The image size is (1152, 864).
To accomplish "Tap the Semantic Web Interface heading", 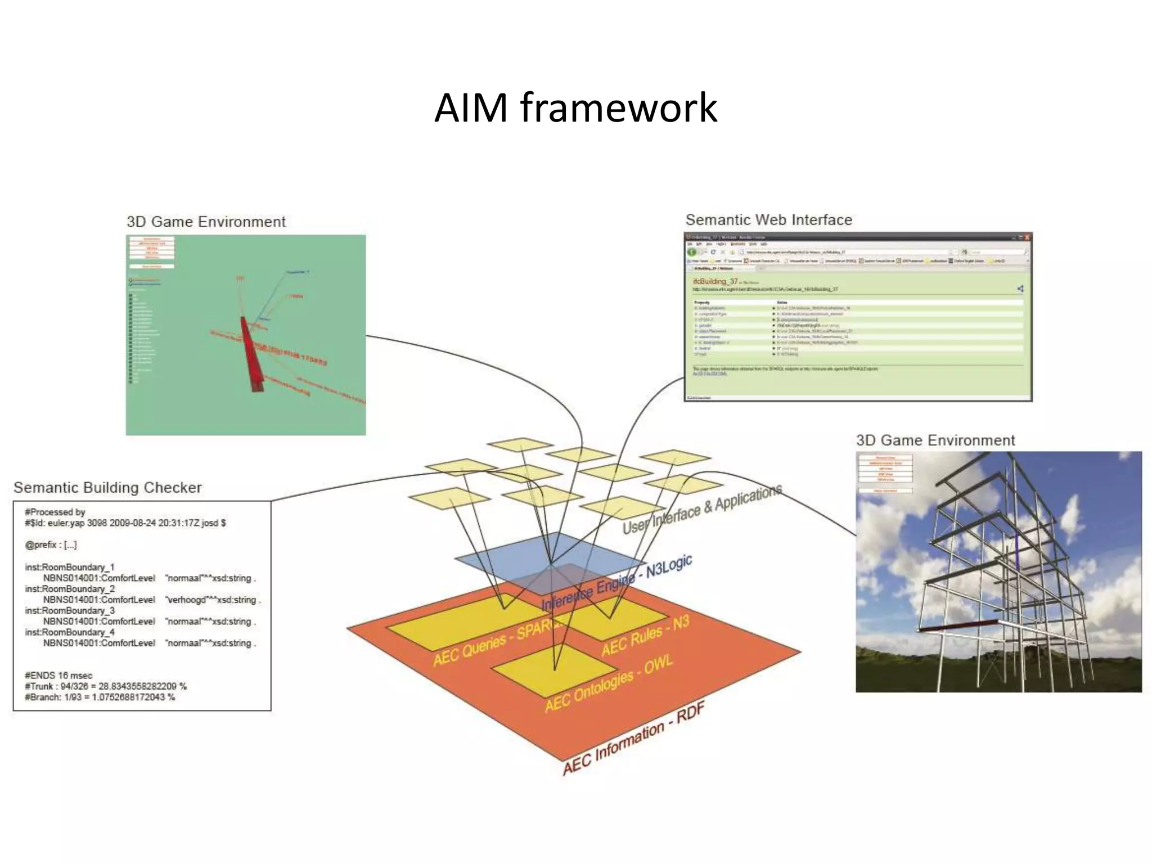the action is coord(768,220).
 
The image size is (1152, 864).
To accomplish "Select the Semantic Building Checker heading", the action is coord(107,488).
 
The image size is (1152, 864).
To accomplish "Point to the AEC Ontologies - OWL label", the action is coord(609,684).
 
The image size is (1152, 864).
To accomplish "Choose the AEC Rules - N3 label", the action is coord(645,636).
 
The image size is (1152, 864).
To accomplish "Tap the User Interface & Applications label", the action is coord(702,510).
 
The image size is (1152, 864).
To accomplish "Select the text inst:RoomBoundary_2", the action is coord(70,589).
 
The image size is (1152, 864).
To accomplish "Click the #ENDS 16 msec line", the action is coord(58,676).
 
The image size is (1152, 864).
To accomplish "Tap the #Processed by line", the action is coord(55,512).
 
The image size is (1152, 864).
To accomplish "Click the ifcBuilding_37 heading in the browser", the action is coord(715,281).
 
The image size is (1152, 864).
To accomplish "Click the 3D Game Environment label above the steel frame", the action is coord(935,440).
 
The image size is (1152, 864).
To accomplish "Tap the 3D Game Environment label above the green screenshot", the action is coord(206,222).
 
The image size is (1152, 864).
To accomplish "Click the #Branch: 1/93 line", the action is coord(100,697).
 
